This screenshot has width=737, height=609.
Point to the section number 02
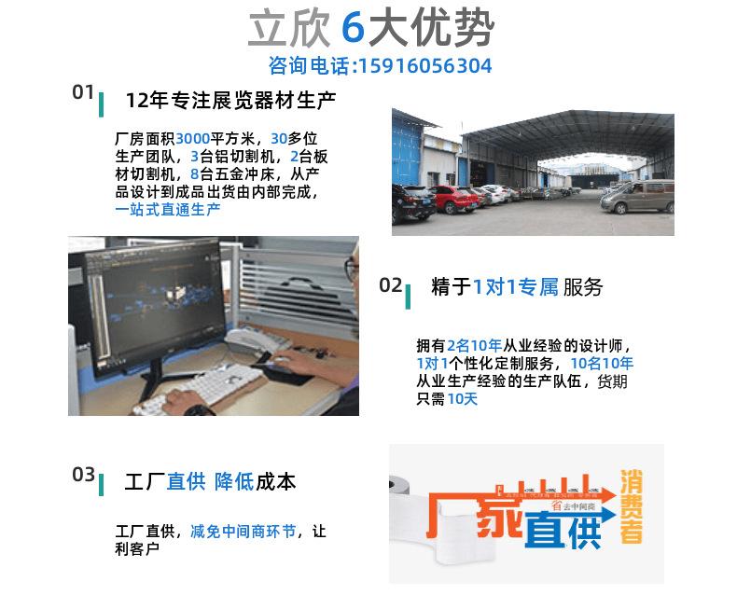[390, 284]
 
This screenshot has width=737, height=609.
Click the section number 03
[83, 475]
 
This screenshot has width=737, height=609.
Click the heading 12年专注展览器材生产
[230, 100]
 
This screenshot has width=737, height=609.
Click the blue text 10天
[462, 398]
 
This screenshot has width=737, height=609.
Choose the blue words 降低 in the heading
[233, 481]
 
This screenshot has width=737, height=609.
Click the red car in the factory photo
[452, 199]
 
